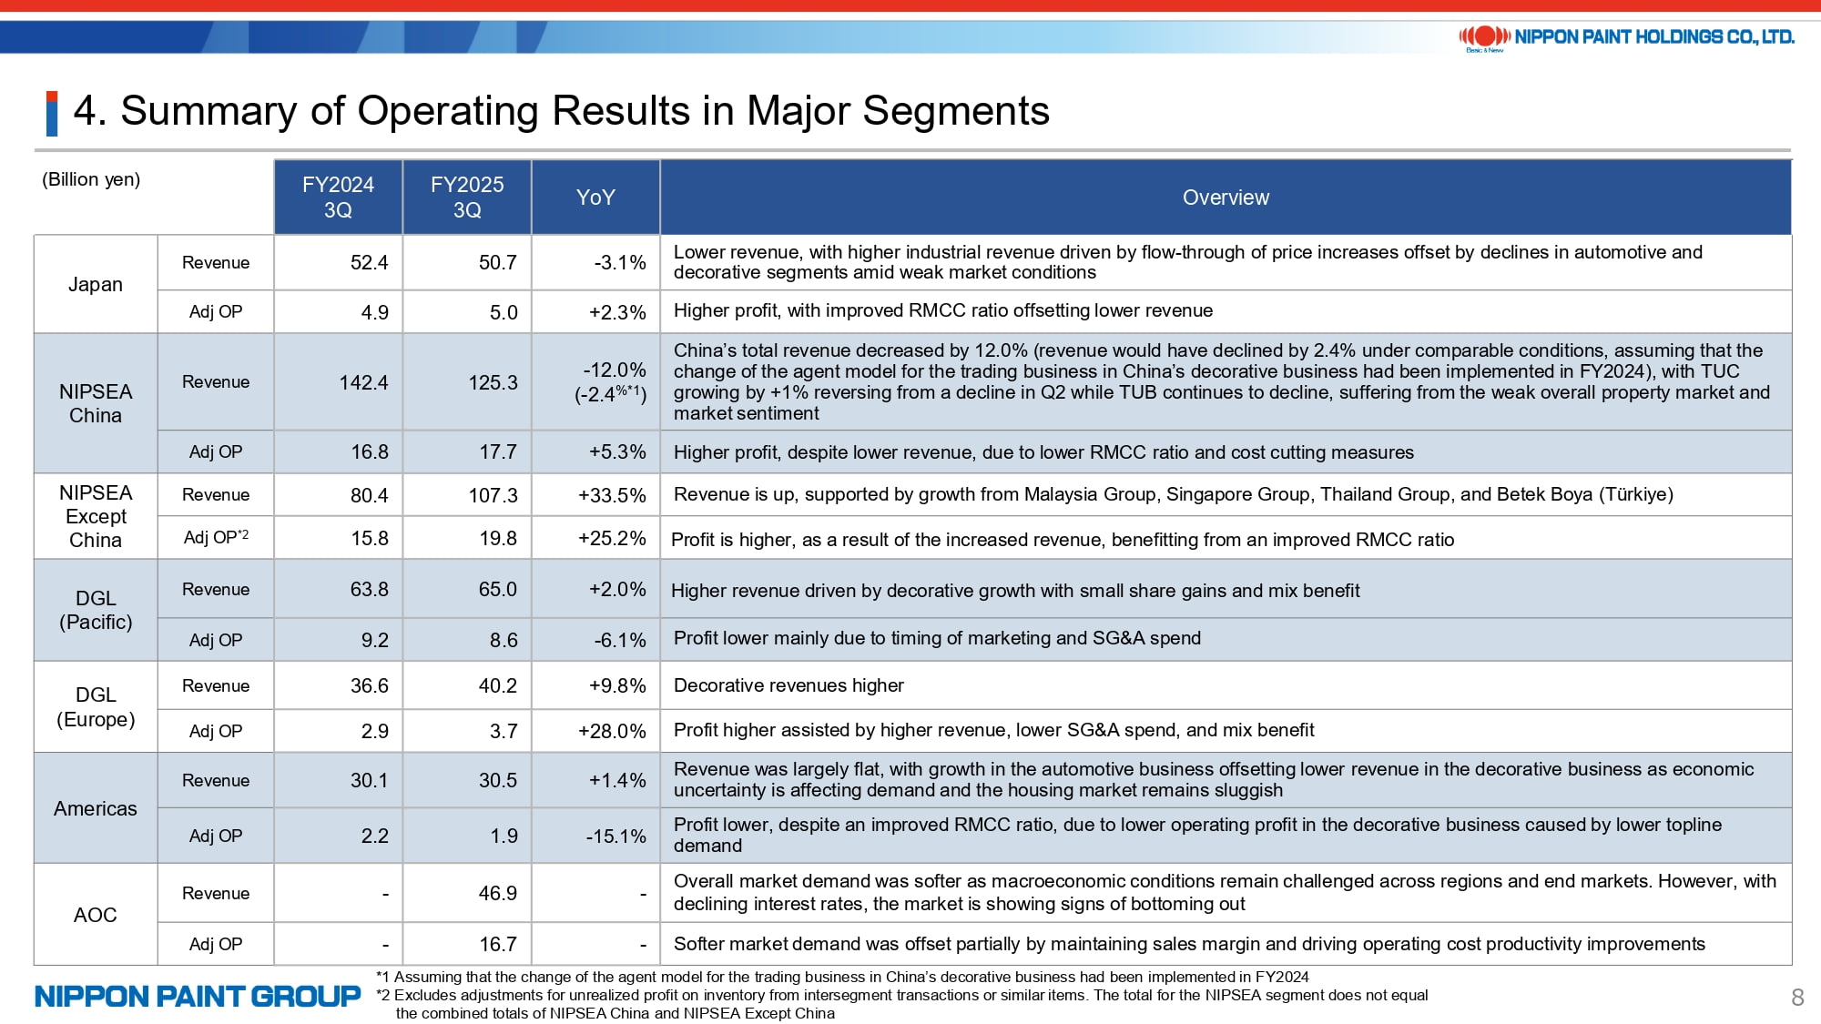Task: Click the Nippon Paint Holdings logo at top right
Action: pyautogui.click(x=1626, y=37)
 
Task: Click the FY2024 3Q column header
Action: pyautogui.click(x=338, y=198)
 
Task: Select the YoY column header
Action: pyautogui.click(x=595, y=198)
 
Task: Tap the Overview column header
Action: pyautogui.click(x=1226, y=198)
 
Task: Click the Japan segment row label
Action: pyautogui.click(x=96, y=284)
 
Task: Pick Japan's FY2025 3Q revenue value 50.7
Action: pyautogui.click(x=498, y=263)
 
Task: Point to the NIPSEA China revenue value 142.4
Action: pyautogui.click(x=363, y=382)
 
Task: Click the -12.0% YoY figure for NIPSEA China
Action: pyautogui.click(x=615, y=370)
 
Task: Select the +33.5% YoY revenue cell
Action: pyautogui.click(x=612, y=495)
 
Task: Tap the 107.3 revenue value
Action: pyautogui.click(x=493, y=495)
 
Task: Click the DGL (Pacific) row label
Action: pyautogui.click(x=96, y=610)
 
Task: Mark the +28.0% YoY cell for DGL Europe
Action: pyautogui.click(x=612, y=731)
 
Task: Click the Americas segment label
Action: pyautogui.click(x=96, y=808)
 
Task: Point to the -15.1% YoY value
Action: pyautogui.click(x=615, y=836)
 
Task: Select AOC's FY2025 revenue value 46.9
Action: pyautogui.click(x=498, y=893)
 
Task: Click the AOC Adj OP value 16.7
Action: pyautogui.click(x=498, y=944)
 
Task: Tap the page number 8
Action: pyautogui.click(x=1797, y=998)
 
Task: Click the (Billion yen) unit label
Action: pyautogui.click(x=91, y=179)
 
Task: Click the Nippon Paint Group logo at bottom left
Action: pyautogui.click(x=198, y=997)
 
